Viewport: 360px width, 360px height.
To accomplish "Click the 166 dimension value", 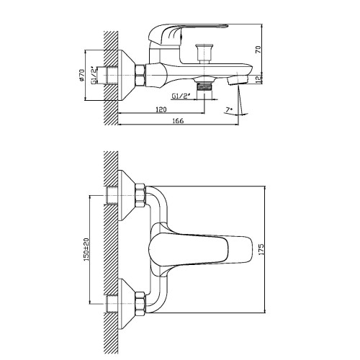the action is coord(178,120).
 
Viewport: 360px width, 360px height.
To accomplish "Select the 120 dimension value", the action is coord(161,109).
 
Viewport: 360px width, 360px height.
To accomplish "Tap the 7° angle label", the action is coord(229,109).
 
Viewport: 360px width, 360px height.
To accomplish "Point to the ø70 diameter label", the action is coord(82,75).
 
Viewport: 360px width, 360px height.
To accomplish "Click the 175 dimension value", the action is coord(261,249).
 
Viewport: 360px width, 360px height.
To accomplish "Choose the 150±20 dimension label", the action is coord(86,249).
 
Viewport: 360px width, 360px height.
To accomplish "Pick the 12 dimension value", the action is coord(258,79).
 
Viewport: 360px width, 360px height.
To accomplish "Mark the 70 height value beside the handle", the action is coord(258,50).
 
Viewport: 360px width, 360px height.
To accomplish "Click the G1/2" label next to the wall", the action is coord(94,76).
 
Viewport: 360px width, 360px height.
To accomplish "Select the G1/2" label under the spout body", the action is coord(181,96).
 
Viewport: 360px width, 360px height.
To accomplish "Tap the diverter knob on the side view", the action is coord(204,53).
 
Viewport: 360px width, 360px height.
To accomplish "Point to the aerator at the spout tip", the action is coord(238,79).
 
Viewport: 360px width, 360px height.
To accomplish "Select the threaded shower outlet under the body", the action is coord(204,86).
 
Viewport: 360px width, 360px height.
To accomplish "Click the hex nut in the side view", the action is coord(140,75).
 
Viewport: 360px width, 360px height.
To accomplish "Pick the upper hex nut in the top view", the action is coord(140,195).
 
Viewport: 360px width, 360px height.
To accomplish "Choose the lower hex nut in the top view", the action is coord(140,303).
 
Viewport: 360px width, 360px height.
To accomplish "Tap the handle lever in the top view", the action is coord(201,249).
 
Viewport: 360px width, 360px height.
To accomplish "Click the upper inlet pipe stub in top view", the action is coord(112,195).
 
